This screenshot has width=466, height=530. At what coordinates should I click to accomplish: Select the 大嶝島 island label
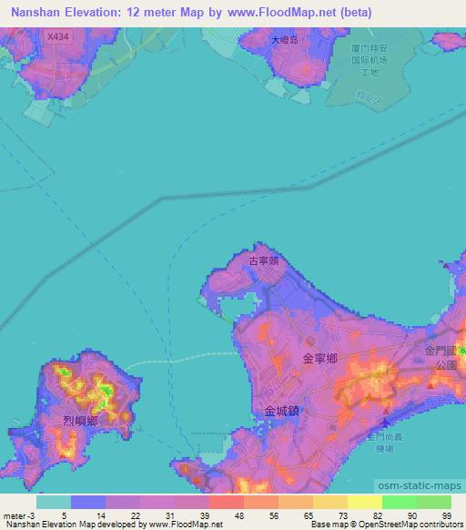(x=285, y=41)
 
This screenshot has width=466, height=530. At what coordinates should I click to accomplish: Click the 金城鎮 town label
(x=281, y=411)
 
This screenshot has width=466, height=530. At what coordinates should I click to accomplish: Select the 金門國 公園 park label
(x=441, y=356)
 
